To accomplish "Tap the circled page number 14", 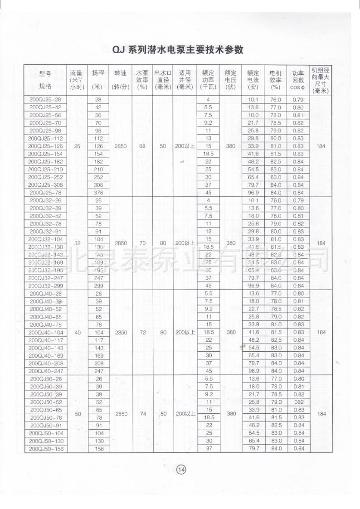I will tap(181, 469).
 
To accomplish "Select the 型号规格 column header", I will tap(45, 80).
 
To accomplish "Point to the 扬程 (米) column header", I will tap(98, 79).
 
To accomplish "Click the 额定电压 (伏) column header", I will tap(231, 79).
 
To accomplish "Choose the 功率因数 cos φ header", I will tap(298, 79).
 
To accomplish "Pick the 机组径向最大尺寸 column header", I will tap(321, 80).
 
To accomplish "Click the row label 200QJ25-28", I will tap(45, 99).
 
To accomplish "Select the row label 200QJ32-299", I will tap(45, 286).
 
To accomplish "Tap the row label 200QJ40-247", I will tap(45, 371).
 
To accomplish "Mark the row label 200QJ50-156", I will tap(45, 449).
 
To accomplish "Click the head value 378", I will tap(98, 193).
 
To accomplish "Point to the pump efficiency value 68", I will tap(142, 146).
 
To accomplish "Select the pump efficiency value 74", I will tap(142, 414).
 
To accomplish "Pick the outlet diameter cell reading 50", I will tap(163, 146).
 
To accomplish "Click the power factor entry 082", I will tap(298, 402).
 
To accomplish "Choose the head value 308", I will tap(98, 185).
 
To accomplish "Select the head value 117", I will tap(98, 340).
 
